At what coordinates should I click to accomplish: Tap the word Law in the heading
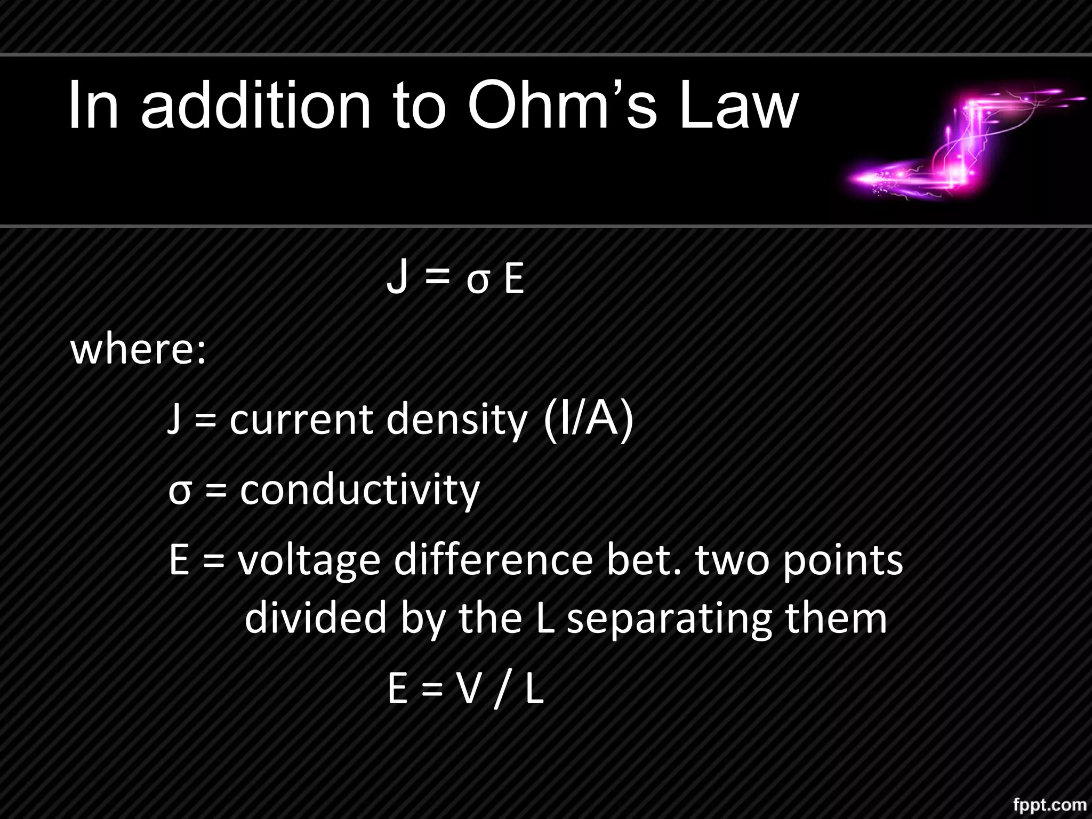[x=738, y=105]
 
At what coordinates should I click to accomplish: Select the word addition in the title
[x=255, y=105]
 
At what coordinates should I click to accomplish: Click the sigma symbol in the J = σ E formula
[x=477, y=282]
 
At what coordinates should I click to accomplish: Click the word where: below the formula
[x=138, y=350]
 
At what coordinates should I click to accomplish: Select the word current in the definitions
[x=301, y=419]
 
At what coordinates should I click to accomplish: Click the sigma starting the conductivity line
[x=179, y=492]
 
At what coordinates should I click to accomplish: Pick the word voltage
[x=309, y=562]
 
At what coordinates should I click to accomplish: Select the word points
[x=842, y=562]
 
